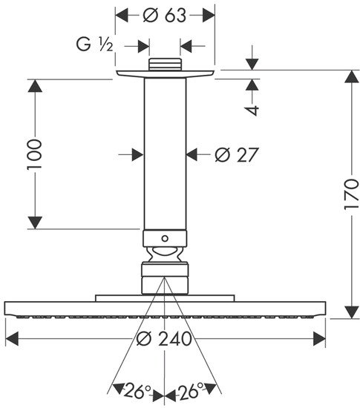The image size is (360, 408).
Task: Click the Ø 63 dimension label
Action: (165, 16)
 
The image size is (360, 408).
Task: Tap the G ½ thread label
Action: (94, 45)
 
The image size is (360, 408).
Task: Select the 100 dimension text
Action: (35, 154)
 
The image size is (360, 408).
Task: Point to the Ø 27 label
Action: (237, 154)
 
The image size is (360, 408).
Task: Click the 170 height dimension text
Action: (351, 194)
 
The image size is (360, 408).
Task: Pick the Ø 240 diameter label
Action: (164, 339)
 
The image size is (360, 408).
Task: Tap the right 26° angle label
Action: (191, 390)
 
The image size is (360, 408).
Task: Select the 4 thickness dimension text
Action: (252, 110)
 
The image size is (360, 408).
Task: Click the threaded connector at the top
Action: (165, 65)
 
